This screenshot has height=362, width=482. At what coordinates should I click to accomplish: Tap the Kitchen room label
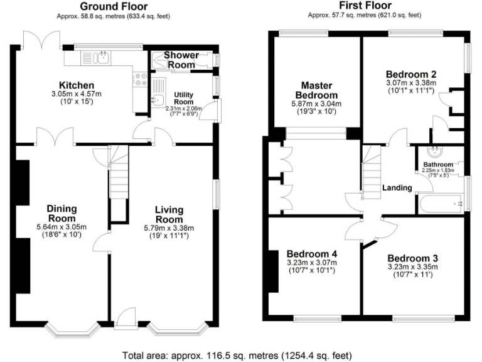point(77,85)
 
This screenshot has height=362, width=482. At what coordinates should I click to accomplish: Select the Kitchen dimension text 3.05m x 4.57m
point(77,94)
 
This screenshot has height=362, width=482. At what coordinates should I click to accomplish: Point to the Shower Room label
point(181,60)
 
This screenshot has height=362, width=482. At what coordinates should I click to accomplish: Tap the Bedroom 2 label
point(411,73)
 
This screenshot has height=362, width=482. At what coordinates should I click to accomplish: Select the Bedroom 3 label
point(412,258)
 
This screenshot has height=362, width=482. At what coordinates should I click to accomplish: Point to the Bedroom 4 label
point(311,254)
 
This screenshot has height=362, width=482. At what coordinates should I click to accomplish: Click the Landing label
point(397,187)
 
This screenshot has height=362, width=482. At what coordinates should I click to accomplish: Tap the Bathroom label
point(437,165)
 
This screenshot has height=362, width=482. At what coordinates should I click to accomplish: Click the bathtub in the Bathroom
point(439,203)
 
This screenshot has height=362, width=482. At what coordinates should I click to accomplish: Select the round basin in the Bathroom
point(434,151)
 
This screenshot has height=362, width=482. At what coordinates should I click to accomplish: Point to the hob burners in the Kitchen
point(138,79)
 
